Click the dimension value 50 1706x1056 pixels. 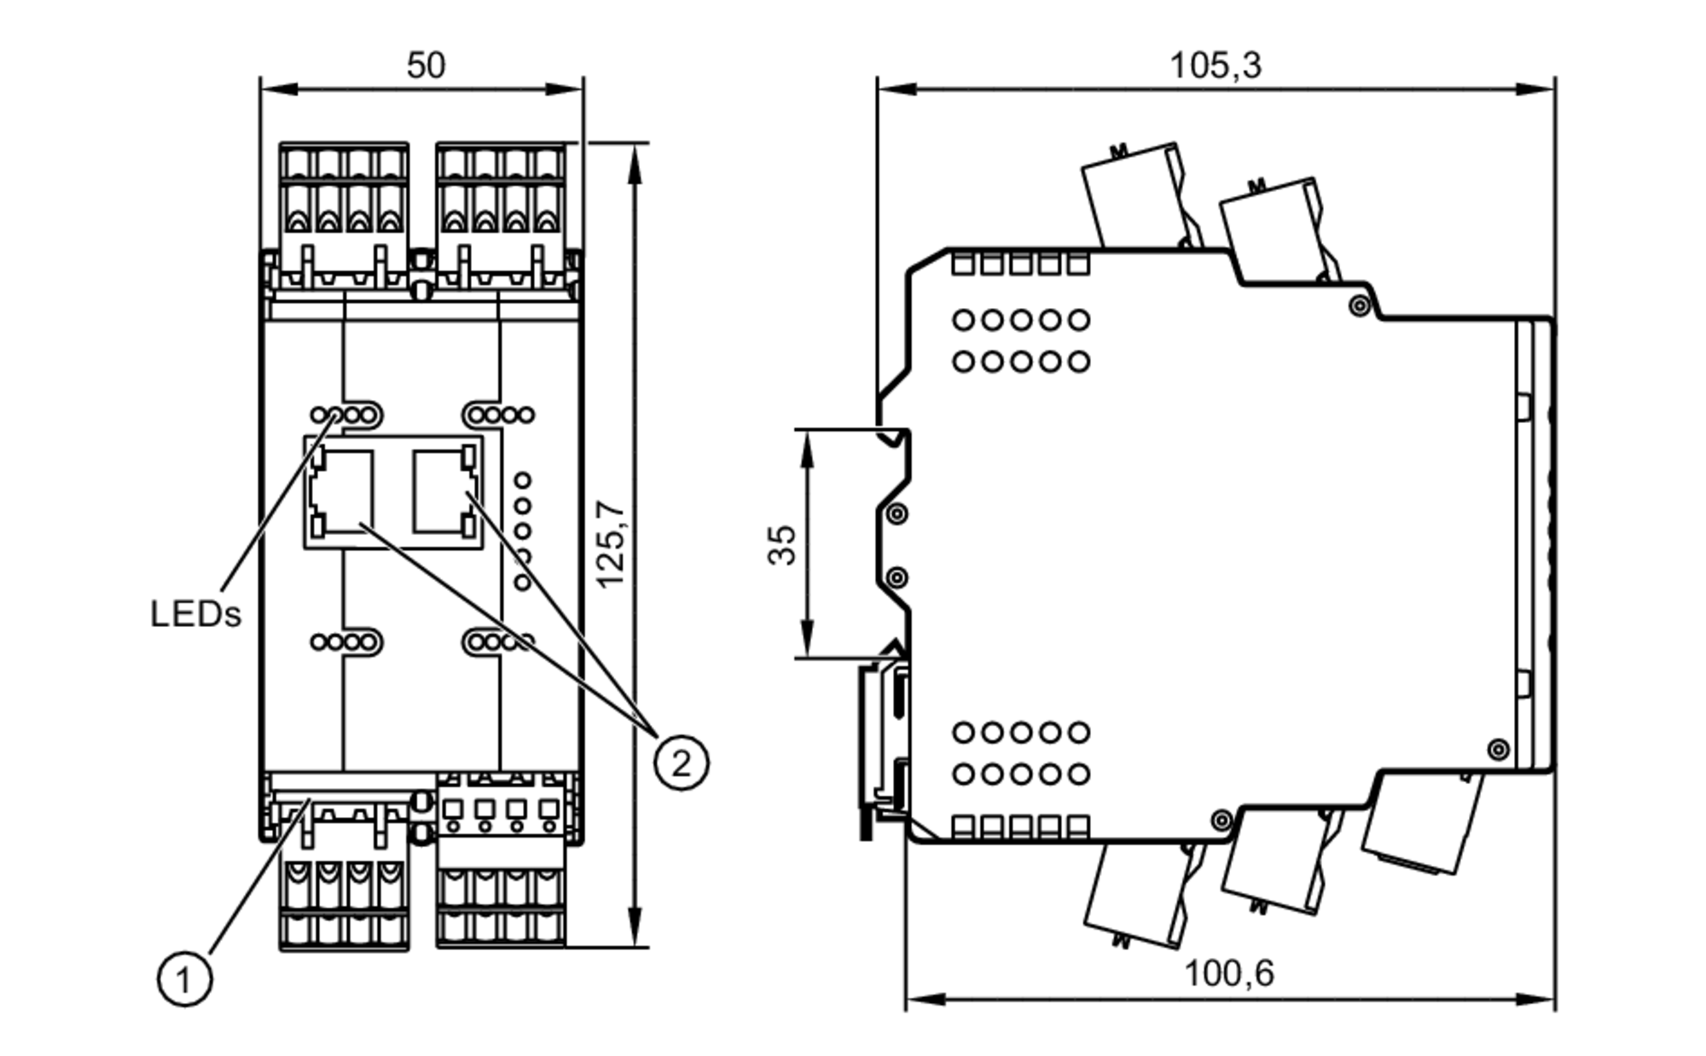pos(425,65)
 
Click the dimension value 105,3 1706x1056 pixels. pos(1215,65)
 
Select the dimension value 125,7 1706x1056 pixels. pos(611,544)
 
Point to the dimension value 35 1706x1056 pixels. pos(781,544)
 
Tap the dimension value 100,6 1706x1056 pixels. pos(1228,972)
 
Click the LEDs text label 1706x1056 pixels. pos(195,613)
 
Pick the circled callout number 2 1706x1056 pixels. pos(681,762)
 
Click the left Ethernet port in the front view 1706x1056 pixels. pos(341,493)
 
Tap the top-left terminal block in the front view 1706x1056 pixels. pos(344,213)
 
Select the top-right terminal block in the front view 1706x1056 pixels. pos(501,213)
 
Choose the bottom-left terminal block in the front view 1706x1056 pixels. pos(344,887)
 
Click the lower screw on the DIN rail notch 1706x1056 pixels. pos(896,578)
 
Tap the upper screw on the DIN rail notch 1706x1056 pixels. pos(896,513)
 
